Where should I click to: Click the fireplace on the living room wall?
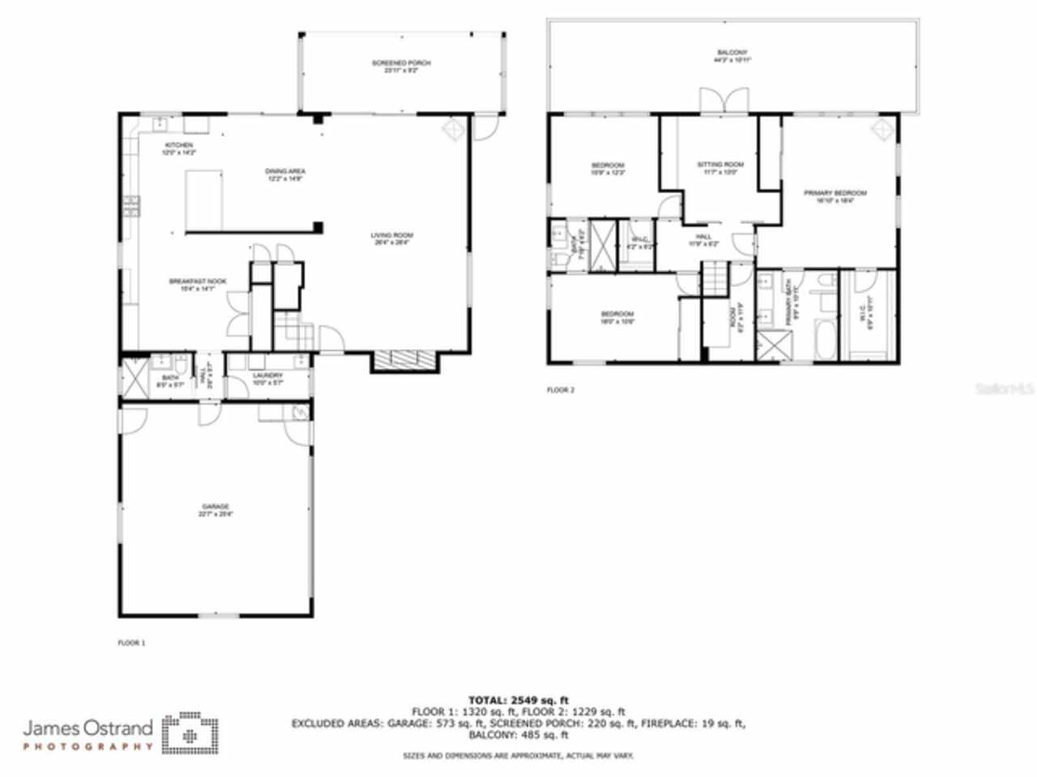(403, 361)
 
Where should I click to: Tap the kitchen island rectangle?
(203, 200)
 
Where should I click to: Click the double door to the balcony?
(720, 101)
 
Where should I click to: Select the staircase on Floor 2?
(715, 280)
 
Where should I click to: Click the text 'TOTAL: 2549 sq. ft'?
(518, 700)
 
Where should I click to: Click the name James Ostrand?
(87, 727)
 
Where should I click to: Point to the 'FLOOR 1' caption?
(131, 643)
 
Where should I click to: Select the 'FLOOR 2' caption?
(560, 390)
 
